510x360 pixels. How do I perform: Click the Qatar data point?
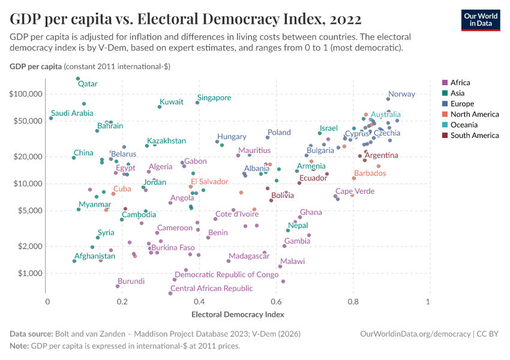pos(78,79)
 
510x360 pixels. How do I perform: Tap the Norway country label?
pos(401,94)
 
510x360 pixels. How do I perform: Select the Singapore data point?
pos(197,103)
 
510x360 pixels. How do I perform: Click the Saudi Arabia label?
pos(72,113)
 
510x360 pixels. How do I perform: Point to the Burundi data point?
pos(118,286)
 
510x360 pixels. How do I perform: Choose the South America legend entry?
pos(474,136)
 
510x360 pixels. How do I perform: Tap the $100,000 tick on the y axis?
pos(26,94)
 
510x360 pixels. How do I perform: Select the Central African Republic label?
pos(211,289)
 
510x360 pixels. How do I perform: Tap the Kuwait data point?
pos(160,107)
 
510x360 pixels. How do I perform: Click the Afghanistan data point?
pos(74,261)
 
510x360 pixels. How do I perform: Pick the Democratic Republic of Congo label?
pos(226,275)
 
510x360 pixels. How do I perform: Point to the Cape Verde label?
pos(355,191)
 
